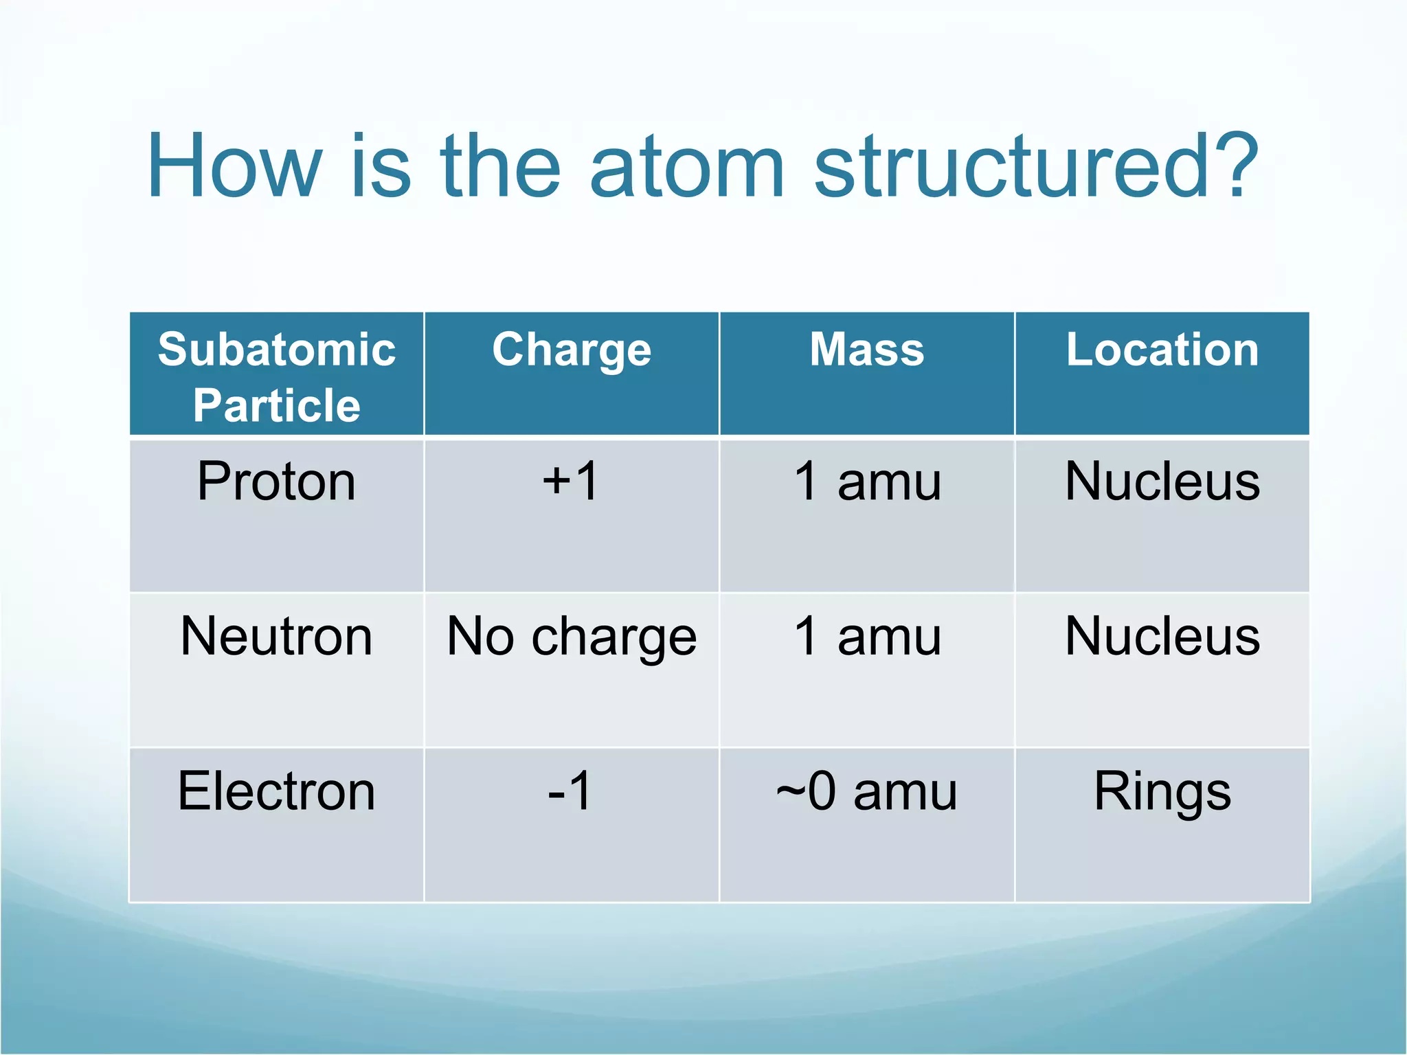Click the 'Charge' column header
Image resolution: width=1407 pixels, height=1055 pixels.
pyautogui.click(x=572, y=350)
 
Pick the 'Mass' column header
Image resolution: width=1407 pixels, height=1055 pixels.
pyautogui.click(x=867, y=350)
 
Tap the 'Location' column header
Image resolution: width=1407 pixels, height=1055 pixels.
pyautogui.click(x=1162, y=350)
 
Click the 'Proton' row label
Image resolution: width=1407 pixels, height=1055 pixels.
pyautogui.click(x=277, y=481)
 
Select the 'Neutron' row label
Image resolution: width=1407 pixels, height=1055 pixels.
pyautogui.click(x=277, y=637)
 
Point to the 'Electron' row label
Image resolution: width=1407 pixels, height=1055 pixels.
pyautogui.click(x=277, y=791)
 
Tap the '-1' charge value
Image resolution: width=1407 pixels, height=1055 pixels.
pyautogui.click(x=570, y=791)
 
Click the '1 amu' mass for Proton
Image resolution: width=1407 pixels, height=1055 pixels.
pyautogui.click(x=867, y=481)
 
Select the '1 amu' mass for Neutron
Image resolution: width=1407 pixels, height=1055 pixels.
pyautogui.click(x=867, y=637)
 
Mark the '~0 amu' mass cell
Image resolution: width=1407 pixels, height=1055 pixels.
pyautogui.click(x=867, y=792)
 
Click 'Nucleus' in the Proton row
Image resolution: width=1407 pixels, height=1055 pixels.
pyautogui.click(x=1162, y=481)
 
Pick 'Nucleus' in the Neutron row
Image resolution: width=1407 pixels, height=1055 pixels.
pyautogui.click(x=1162, y=637)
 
